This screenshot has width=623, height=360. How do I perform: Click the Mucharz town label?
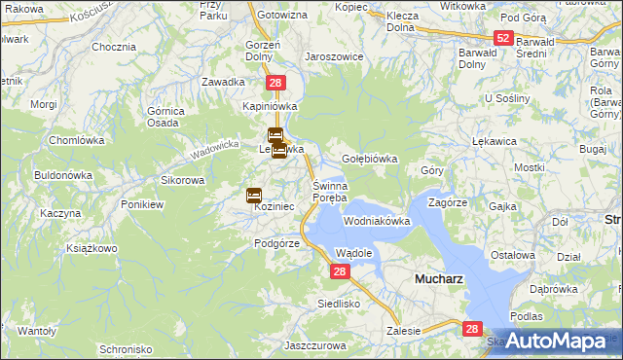pos(439,278)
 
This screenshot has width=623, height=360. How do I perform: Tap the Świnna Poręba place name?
pos(329,192)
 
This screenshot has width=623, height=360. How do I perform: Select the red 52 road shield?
pos(502,38)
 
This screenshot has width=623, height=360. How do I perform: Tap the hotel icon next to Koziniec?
pos(254,195)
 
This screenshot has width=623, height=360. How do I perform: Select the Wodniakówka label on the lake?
pos(377,222)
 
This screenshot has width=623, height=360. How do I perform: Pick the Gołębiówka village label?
pos(371,158)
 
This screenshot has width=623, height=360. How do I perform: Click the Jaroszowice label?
pos(334,56)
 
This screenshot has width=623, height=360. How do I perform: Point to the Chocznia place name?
pos(113,47)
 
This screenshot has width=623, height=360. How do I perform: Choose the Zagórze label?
pos(449,202)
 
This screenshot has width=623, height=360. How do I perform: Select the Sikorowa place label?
pos(182,181)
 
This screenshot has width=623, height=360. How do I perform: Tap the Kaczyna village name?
pos(60,213)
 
